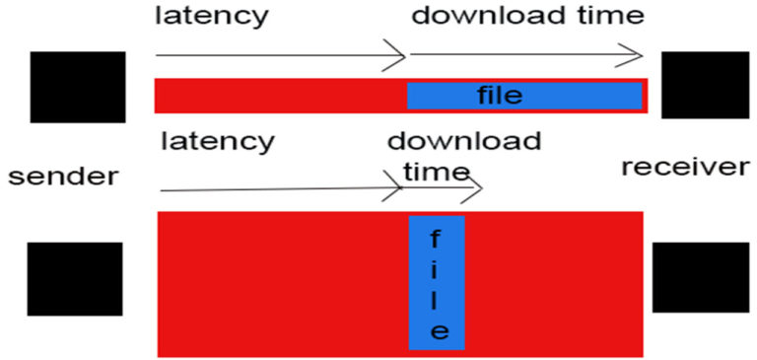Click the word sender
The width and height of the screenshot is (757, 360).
coord(63,177)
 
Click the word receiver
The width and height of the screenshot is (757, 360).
coord(684,167)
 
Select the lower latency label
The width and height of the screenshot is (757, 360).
coord(217,141)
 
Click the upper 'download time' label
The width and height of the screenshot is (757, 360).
coord(527,15)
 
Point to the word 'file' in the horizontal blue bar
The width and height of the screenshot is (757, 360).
coord(500,95)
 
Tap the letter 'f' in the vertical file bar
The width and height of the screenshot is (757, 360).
coord(437,239)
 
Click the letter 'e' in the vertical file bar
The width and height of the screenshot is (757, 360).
coord(439,330)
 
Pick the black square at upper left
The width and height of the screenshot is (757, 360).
coord(78,87)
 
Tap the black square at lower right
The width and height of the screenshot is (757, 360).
coord(700,277)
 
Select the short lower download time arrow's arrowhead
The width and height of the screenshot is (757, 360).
coord(477,187)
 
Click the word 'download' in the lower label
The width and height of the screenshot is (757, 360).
coord(464,141)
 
